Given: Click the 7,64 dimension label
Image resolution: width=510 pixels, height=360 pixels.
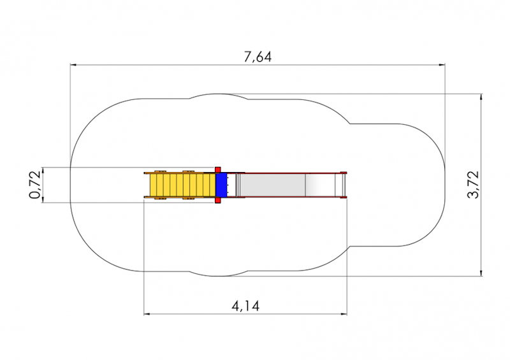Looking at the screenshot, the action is [258, 57].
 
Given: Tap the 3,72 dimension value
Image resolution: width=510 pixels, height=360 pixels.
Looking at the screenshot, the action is [473, 184].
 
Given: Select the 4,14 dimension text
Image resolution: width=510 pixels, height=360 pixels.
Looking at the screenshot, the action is [245, 306].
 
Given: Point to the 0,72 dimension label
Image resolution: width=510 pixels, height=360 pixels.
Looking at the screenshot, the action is [35, 185].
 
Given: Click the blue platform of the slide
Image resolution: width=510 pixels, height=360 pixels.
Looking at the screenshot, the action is [221, 185].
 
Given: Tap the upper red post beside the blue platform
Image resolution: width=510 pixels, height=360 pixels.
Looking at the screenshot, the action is [218, 169].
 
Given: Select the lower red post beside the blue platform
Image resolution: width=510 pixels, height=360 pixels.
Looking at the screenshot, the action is [218, 201].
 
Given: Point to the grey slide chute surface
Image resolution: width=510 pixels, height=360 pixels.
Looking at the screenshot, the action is [273, 185].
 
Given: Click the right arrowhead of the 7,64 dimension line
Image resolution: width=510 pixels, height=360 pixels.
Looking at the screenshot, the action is [442, 65].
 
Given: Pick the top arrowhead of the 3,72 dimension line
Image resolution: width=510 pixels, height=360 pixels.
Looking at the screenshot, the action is [481, 97].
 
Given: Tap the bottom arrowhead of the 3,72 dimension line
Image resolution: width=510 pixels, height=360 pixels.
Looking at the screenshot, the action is [481, 273].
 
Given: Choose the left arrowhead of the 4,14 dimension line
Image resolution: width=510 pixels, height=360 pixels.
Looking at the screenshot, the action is [147, 314].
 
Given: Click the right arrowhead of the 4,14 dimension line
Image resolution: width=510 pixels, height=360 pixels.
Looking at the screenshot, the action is [344, 314].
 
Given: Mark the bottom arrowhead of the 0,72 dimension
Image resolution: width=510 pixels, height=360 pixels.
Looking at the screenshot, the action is [42, 199].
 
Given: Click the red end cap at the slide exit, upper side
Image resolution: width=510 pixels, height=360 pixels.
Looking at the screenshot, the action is [344, 173].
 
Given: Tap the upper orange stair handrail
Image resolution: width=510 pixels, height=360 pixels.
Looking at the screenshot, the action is [180, 173].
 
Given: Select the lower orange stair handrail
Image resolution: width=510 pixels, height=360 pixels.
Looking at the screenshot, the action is [180, 197].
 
